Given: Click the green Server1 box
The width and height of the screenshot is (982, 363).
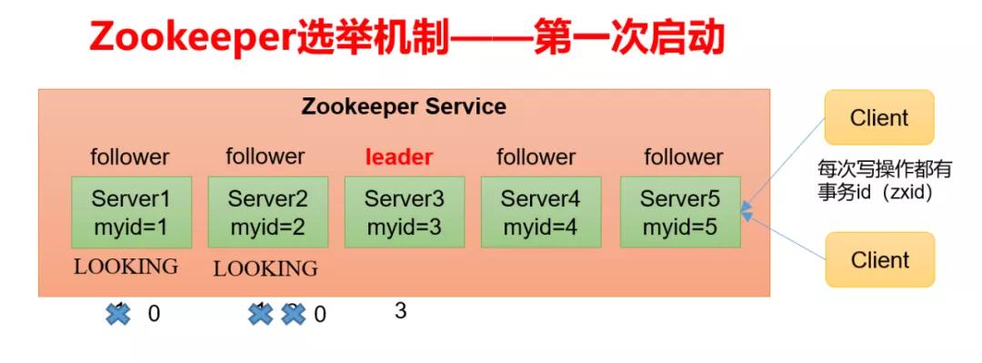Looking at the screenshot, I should pos(131,212).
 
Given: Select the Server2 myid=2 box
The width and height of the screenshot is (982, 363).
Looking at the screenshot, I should pos(267,212).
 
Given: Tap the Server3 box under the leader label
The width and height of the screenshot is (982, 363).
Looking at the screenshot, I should pos(404,212).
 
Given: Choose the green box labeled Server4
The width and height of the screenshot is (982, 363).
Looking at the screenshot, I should pos(540,212).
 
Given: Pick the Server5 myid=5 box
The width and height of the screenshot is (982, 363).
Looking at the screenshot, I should pos(680,212).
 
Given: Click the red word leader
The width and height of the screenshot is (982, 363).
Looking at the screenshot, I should pos(399,157).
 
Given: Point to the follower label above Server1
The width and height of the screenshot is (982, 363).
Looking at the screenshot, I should pos(130,157).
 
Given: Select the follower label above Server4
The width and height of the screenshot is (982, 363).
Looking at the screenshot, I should pos(536,157).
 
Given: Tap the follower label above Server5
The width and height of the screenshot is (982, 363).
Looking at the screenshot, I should pos(684,157).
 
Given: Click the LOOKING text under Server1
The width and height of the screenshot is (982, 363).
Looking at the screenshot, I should pos(125,267).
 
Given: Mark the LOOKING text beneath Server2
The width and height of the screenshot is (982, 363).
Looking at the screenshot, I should pos(266,268).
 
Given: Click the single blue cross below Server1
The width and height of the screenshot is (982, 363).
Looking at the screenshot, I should pos(117,314).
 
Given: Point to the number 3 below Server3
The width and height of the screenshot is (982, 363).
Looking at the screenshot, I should pos(400,311).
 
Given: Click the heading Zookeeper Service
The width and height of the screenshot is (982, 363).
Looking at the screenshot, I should pos(404,106).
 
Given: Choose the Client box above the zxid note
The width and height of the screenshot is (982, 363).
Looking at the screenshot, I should pos(879,117).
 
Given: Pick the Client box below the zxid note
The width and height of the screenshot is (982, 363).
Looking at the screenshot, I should pos(879,260).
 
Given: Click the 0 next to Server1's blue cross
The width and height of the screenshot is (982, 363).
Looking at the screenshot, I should pos(154,314).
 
